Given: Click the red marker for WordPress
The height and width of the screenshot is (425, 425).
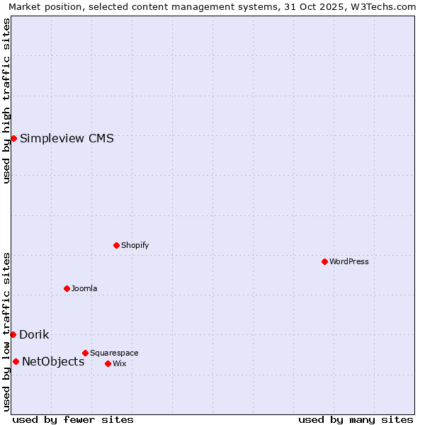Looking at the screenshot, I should (324, 261).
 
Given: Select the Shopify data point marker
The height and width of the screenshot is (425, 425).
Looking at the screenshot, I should (116, 245).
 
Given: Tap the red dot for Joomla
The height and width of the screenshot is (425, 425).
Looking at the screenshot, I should (67, 288).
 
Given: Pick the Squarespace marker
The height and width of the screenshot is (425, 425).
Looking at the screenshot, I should (85, 353).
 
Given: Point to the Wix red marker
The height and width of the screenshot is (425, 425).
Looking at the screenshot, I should (108, 363).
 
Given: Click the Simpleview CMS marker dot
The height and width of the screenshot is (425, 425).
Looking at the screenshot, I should (13, 138).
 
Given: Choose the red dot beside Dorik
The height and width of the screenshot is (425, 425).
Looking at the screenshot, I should (13, 334).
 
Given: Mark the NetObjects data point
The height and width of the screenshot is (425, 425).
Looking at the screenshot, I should (16, 361).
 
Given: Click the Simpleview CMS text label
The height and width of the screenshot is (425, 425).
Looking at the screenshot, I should (67, 138).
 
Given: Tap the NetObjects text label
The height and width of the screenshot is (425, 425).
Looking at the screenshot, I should (53, 361).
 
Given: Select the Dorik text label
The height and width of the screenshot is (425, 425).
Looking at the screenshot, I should (34, 334).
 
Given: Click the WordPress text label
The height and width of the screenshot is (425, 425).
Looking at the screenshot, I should (349, 261).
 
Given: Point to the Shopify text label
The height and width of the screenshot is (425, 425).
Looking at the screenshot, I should (135, 245).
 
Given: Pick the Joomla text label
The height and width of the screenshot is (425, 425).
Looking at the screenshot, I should (84, 288).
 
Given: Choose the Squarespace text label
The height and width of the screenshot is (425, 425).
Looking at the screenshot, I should (114, 353).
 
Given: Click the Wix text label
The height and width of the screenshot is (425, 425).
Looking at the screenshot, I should (119, 363).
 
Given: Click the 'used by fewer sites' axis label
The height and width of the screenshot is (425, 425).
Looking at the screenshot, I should (73, 419).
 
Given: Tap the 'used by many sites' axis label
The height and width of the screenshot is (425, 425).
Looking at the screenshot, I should (356, 419).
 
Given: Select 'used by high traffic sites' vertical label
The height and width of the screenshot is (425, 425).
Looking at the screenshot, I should (6, 101).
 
